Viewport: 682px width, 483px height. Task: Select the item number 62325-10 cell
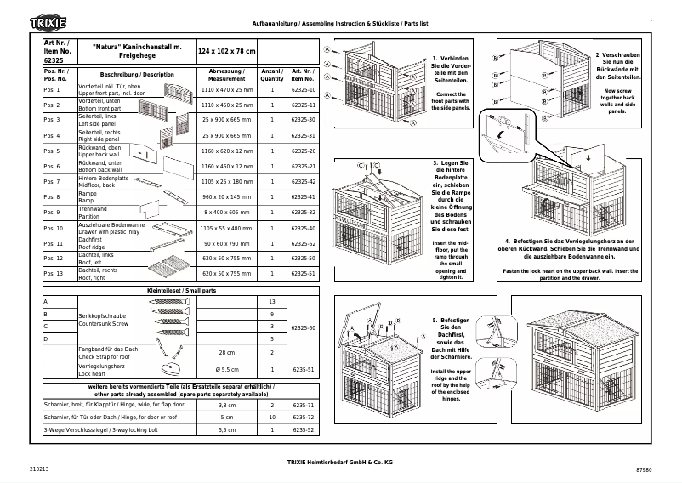(x=303, y=89)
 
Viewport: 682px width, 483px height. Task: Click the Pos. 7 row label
(x=52, y=182)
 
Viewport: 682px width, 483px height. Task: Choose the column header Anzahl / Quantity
(x=272, y=73)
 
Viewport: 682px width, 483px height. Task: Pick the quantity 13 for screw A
(x=272, y=302)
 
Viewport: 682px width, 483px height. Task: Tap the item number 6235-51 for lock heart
(x=303, y=370)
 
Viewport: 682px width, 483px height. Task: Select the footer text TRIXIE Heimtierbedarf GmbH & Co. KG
(x=339, y=462)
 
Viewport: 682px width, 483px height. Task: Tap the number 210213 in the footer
(x=38, y=469)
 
